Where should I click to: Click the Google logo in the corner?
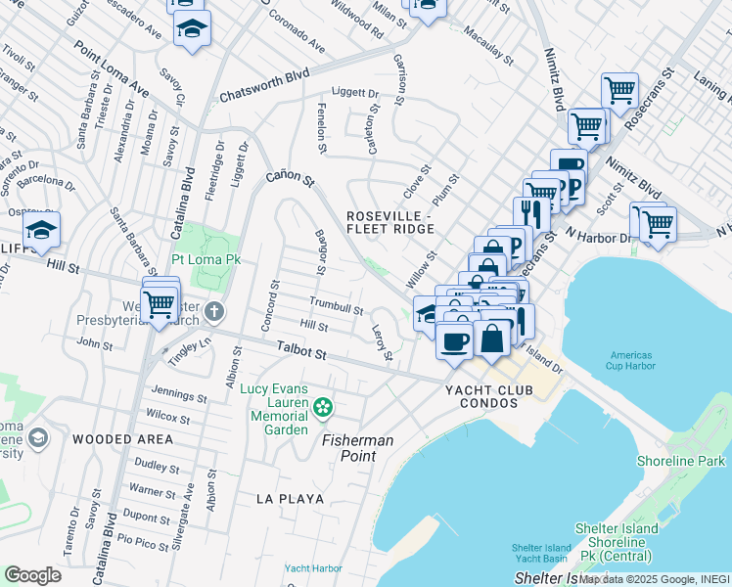coord(32,575)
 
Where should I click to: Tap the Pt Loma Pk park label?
coord(206,260)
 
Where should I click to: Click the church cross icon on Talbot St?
coord(215,314)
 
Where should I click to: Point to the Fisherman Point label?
coord(359,448)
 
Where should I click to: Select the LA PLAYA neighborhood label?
coord(290,498)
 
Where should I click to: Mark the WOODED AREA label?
coord(122,439)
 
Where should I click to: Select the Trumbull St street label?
coord(337,305)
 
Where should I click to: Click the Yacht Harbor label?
coord(313,567)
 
